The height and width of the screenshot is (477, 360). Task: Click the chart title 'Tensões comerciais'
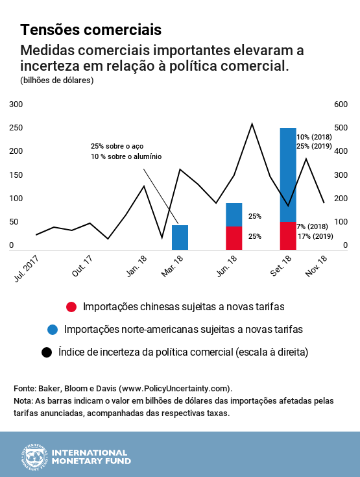pos(91,30)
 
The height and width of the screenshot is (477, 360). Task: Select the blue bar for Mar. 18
pos(180,238)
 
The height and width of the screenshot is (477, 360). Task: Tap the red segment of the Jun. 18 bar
pos(234,238)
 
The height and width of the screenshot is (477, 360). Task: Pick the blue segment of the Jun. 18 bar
pos(234,215)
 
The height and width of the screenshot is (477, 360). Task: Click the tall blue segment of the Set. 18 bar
pos(288,175)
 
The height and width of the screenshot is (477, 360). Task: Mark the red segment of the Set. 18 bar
pos(288,236)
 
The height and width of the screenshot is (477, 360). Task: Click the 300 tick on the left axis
pos(16,104)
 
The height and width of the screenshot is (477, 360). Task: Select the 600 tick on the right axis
pos(341,104)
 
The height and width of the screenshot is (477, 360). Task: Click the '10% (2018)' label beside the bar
pos(314,137)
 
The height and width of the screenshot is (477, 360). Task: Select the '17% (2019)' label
pos(315,236)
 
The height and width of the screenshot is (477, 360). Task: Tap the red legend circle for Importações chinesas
pos(71,306)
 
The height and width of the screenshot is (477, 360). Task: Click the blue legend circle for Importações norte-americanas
pos(53,330)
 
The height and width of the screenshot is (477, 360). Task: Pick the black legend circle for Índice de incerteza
pos(47,352)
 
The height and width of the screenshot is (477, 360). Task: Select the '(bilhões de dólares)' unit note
pos(57,80)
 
